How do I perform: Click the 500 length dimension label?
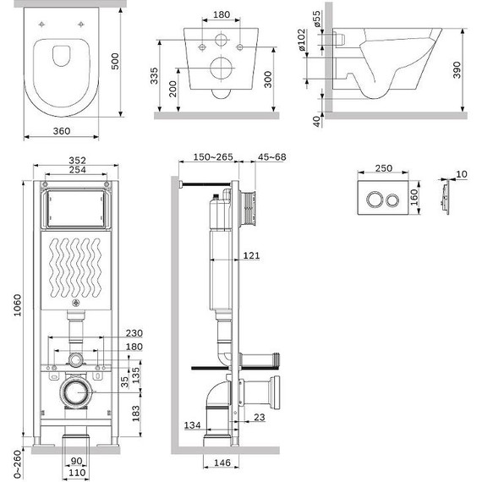114,61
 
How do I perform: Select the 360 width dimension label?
62,131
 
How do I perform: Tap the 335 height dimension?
154,75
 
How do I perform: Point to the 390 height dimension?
457,70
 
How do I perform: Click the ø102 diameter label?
302,40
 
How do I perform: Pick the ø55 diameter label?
316,19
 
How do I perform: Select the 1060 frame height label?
17,305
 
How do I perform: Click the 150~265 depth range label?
213,157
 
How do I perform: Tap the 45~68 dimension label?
271,157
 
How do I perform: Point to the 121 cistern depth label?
251,255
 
